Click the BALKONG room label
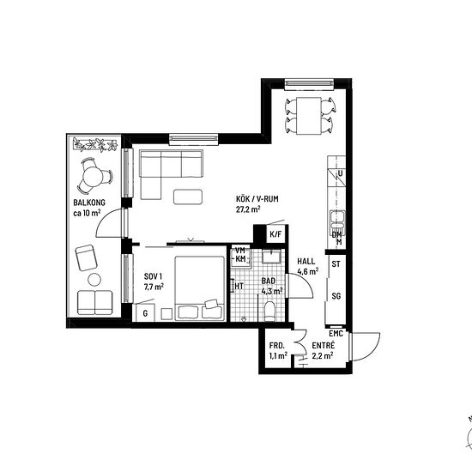[x=89, y=203]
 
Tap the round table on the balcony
[x=94, y=177]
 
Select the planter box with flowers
[x=95, y=144]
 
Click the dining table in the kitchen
[x=309, y=116]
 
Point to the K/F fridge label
[x=275, y=234]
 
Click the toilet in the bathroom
[x=269, y=312]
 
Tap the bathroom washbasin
[x=271, y=257]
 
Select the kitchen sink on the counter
[x=337, y=219]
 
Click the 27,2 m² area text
[x=248, y=209]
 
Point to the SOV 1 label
[x=154, y=276]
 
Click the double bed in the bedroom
[x=200, y=287]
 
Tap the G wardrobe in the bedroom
[x=145, y=312]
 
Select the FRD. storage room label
[x=277, y=346]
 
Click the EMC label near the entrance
[x=336, y=334]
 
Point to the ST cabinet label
[x=336, y=264]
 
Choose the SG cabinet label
[x=336, y=296]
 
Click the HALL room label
[x=306, y=261]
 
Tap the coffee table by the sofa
[x=188, y=197]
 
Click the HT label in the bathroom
[x=239, y=286]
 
